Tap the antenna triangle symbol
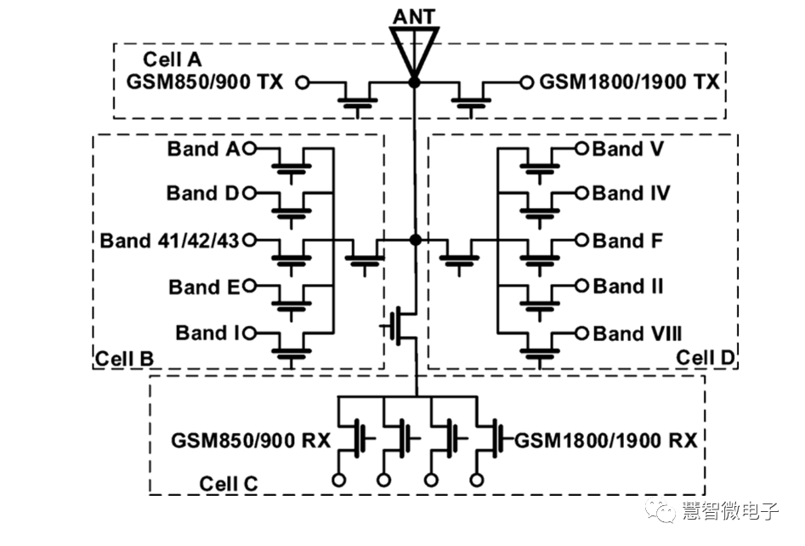pos(414,47)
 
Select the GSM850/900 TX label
pos(205,82)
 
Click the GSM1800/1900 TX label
pos(630,82)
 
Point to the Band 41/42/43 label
pos(170,240)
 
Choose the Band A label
pos(204,150)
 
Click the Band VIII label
pos(638,333)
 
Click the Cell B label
pos(124,358)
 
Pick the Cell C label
pos(228,484)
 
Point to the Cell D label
pos(705,357)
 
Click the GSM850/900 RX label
pos(250,441)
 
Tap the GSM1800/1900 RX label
pos(606,441)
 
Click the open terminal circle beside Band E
pos(249,287)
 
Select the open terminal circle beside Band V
pos(581,149)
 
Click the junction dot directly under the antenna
pos(414,82)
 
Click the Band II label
pos(628,287)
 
